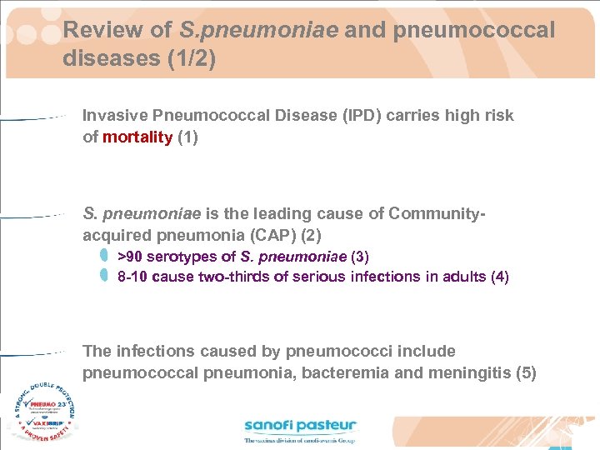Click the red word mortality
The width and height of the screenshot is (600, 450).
pyautogui.click(x=137, y=137)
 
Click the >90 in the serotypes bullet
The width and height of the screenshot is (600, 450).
pyautogui.click(x=129, y=256)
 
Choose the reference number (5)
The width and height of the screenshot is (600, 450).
pyautogui.click(x=526, y=373)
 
